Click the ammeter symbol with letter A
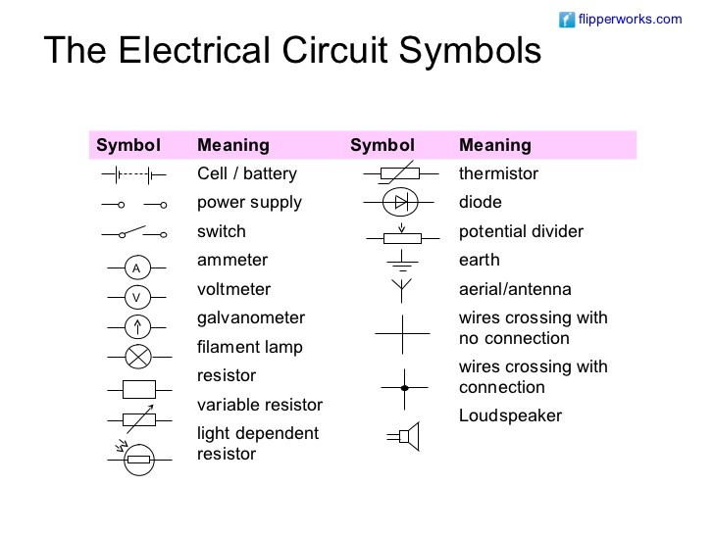pos(137,267)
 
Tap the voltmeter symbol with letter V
pos(137,297)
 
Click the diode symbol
pos(400,204)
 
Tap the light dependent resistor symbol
pos(137,459)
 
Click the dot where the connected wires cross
pos(402,388)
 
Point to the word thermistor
pos(498,173)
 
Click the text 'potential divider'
pos(521,231)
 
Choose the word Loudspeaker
pos(510,415)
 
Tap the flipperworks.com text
pos(630,19)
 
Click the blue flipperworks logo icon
pos(567,19)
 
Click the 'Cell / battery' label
pos(246,173)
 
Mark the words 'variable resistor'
pos(259,405)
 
